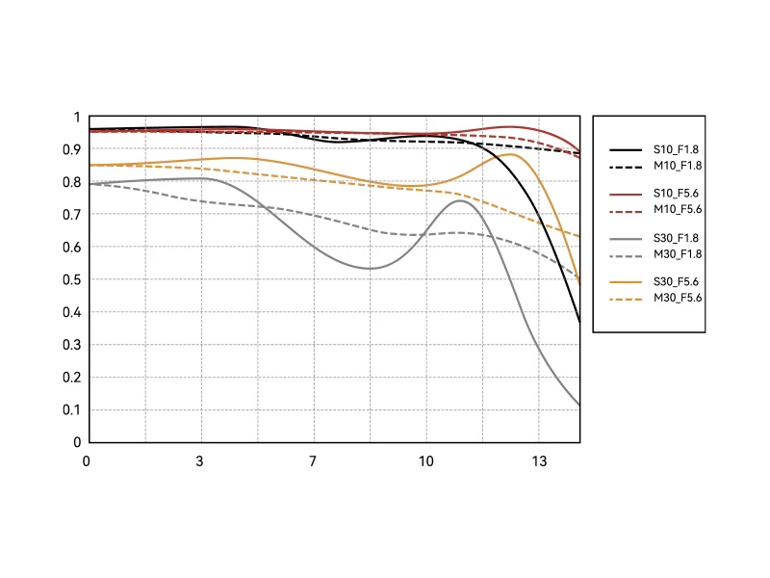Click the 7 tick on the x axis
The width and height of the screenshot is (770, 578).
coord(313,460)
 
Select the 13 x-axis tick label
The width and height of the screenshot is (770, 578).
coord(539,460)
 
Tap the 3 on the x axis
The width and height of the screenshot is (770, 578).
coord(200,460)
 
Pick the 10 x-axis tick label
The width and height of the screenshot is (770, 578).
coord(426,460)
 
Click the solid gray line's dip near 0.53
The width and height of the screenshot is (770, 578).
coord(371,268)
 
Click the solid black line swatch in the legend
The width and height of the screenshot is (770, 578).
coord(626,150)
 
